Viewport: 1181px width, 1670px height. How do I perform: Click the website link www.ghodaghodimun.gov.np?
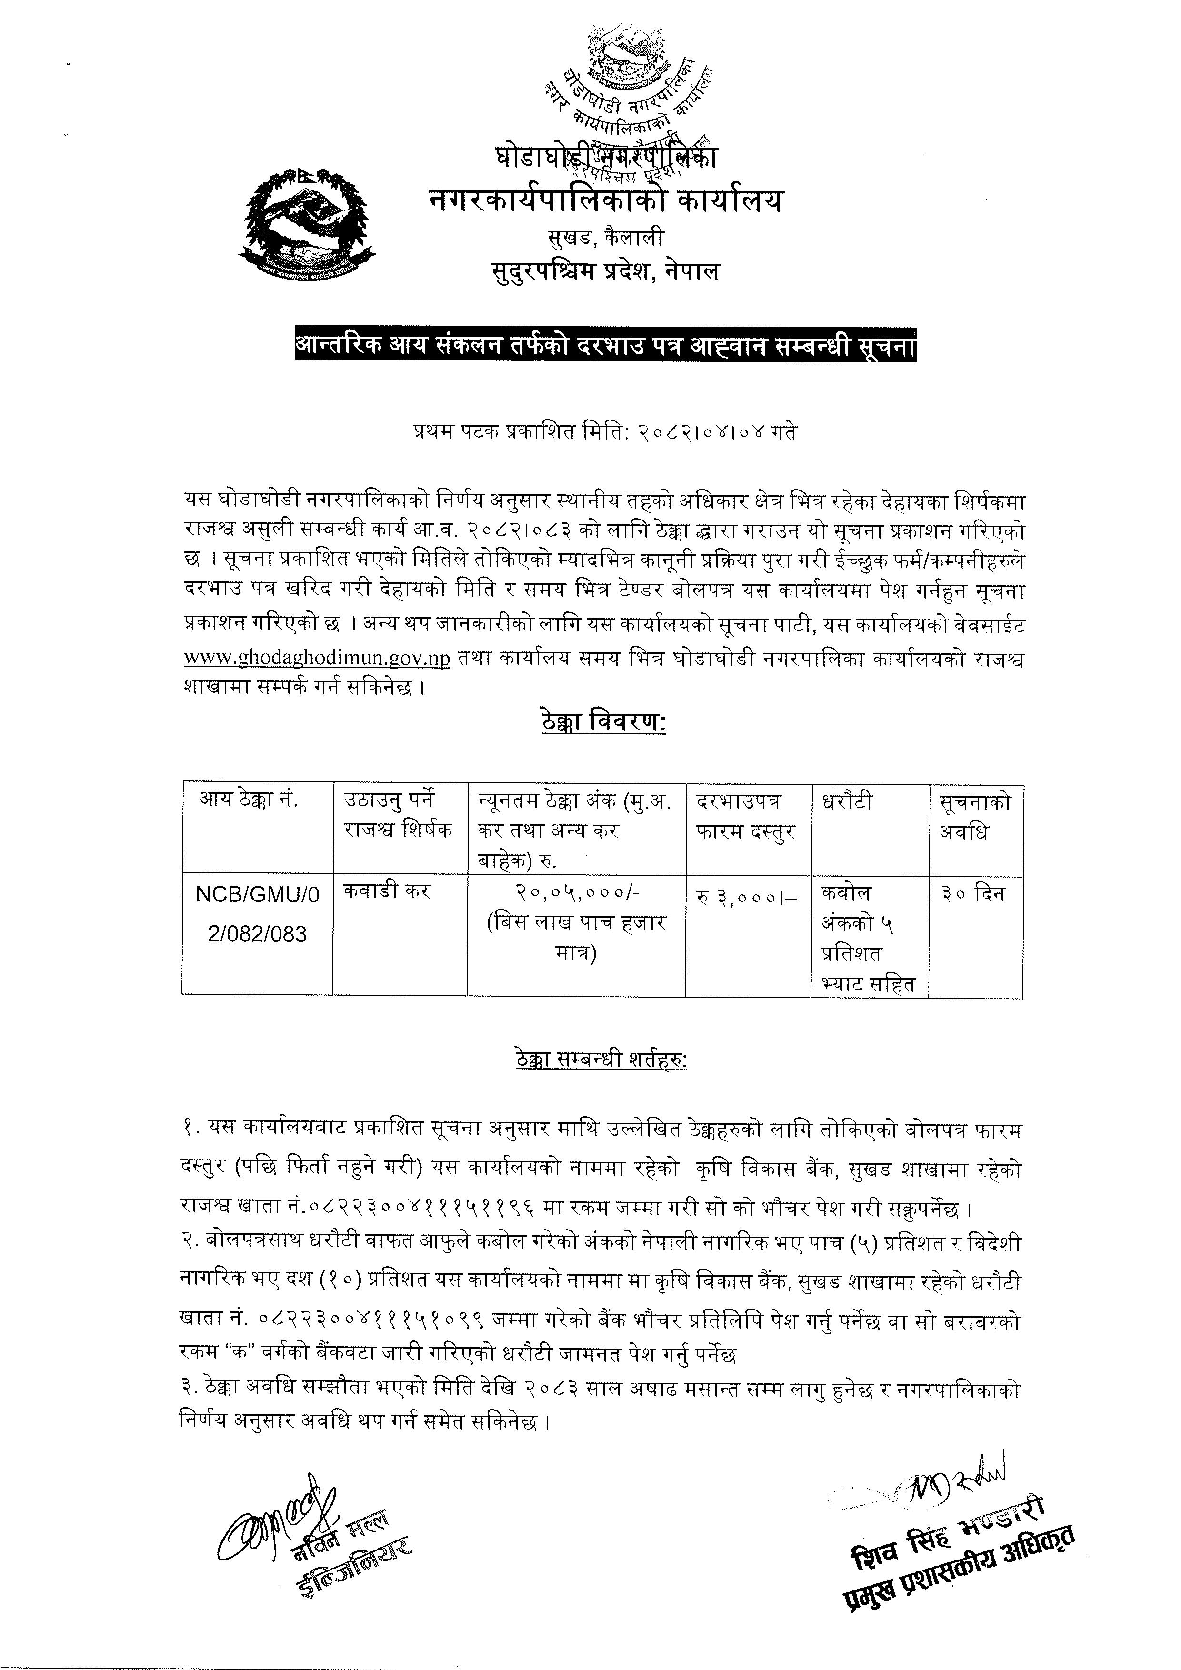click(317, 658)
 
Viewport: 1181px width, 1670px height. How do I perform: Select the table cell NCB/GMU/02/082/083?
click(258, 913)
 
